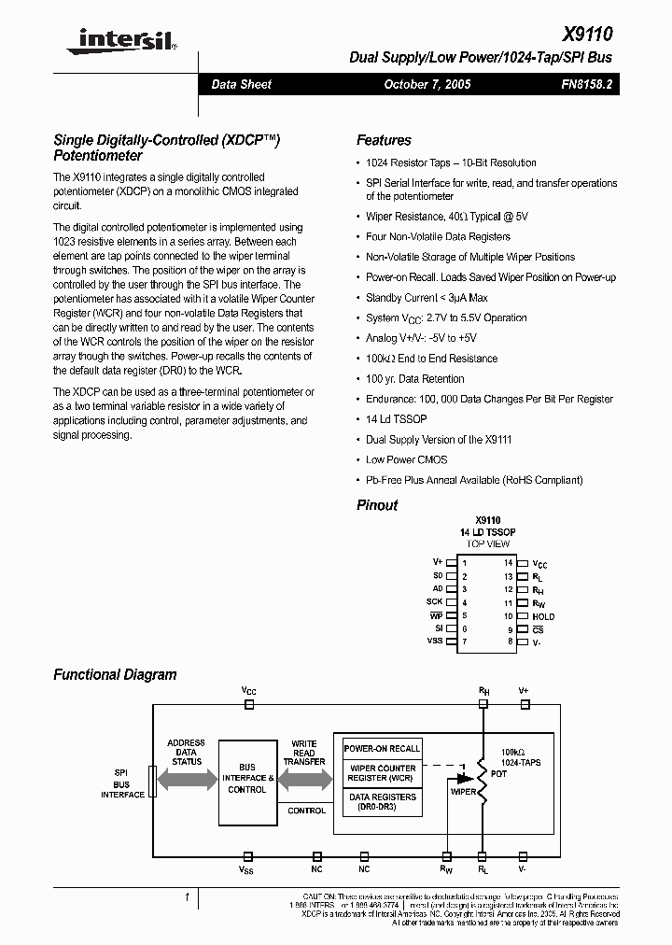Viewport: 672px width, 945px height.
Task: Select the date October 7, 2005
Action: [427, 84]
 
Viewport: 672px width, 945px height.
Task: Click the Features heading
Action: [384, 140]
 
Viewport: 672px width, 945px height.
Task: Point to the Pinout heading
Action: [377, 505]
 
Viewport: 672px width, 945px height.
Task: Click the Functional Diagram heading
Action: [115, 674]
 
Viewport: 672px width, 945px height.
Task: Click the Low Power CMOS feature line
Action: [406, 459]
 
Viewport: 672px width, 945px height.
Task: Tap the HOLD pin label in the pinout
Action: [542, 616]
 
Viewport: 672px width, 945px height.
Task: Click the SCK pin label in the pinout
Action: [434, 602]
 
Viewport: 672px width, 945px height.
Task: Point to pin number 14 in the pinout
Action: [509, 563]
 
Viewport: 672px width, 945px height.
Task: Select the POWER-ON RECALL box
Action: [382, 749]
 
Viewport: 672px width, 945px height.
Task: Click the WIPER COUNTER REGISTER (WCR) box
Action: [382, 773]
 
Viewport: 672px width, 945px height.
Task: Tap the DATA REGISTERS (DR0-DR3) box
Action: [382, 801]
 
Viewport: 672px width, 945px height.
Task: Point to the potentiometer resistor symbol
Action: [483, 775]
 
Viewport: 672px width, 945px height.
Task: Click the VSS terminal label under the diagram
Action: [246, 870]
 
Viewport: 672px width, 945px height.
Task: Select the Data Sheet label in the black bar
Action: [241, 84]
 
